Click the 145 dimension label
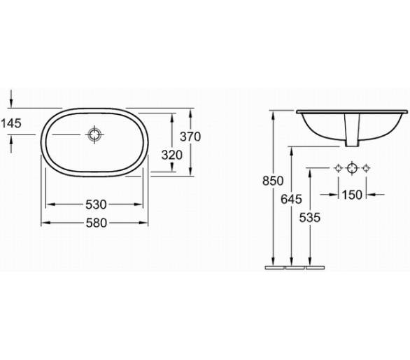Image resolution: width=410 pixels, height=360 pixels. (x=11, y=123)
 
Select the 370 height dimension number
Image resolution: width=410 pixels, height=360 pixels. (x=190, y=137)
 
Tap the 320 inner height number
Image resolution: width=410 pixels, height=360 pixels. (x=172, y=155)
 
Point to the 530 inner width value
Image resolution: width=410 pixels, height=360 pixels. (x=96, y=205)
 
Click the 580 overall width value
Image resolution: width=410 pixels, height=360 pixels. (x=97, y=223)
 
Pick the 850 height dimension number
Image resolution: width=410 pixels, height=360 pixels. (x=273, y=181)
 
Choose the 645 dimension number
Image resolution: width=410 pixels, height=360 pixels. (x=291, y=200)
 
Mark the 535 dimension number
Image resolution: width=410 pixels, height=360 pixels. (x=310, y=218)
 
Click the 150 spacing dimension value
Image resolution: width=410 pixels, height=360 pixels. (x=352, y=195)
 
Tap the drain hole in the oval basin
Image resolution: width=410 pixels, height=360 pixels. (x=94, y=134)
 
